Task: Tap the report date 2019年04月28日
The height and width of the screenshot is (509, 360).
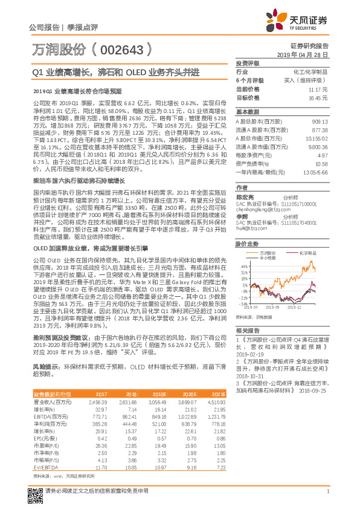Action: coord(307,54)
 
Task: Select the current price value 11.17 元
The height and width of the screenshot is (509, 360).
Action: coord(319,89)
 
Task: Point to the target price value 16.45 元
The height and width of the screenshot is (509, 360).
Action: coord(319,97)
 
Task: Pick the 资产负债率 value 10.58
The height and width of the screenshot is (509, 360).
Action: coord(321,163)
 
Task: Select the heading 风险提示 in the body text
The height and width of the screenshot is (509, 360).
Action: coord(44,367)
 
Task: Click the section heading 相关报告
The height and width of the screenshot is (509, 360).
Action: coord(247,331)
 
